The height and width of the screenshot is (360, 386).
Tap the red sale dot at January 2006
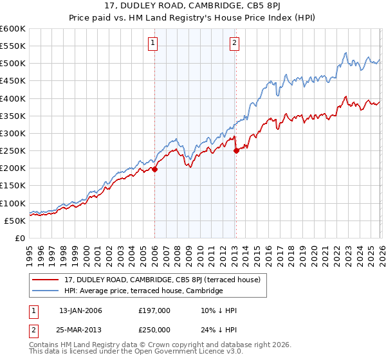pos(155,170)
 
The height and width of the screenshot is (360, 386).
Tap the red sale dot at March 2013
pos(236,151)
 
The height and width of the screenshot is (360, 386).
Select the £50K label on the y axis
pos(15,221)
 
